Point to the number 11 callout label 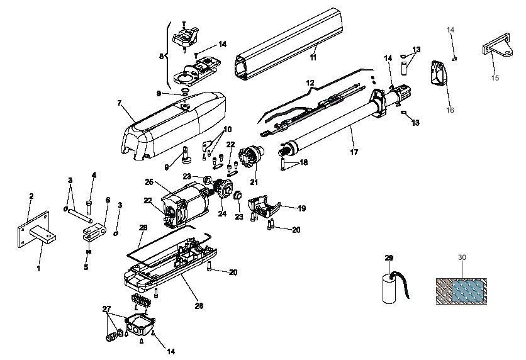pyautogui.click(x=312, y=57)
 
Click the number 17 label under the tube pyautogui.click(x=354, y=152)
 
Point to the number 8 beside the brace pyautogui.click(x=162, y=56)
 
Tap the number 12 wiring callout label pyautogui.click(x=309, y=83)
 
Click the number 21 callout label pyautogui.click(x=254, y=183)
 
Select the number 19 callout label pyautogui.click(x=301, y=208)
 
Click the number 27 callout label pyautogui.click(x=106, y=309)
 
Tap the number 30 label pyautogui.click(x=462, y=257)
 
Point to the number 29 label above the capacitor pyautogui.click(x=388, y=258)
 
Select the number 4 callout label pyautogui.click(x=93, y=175)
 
